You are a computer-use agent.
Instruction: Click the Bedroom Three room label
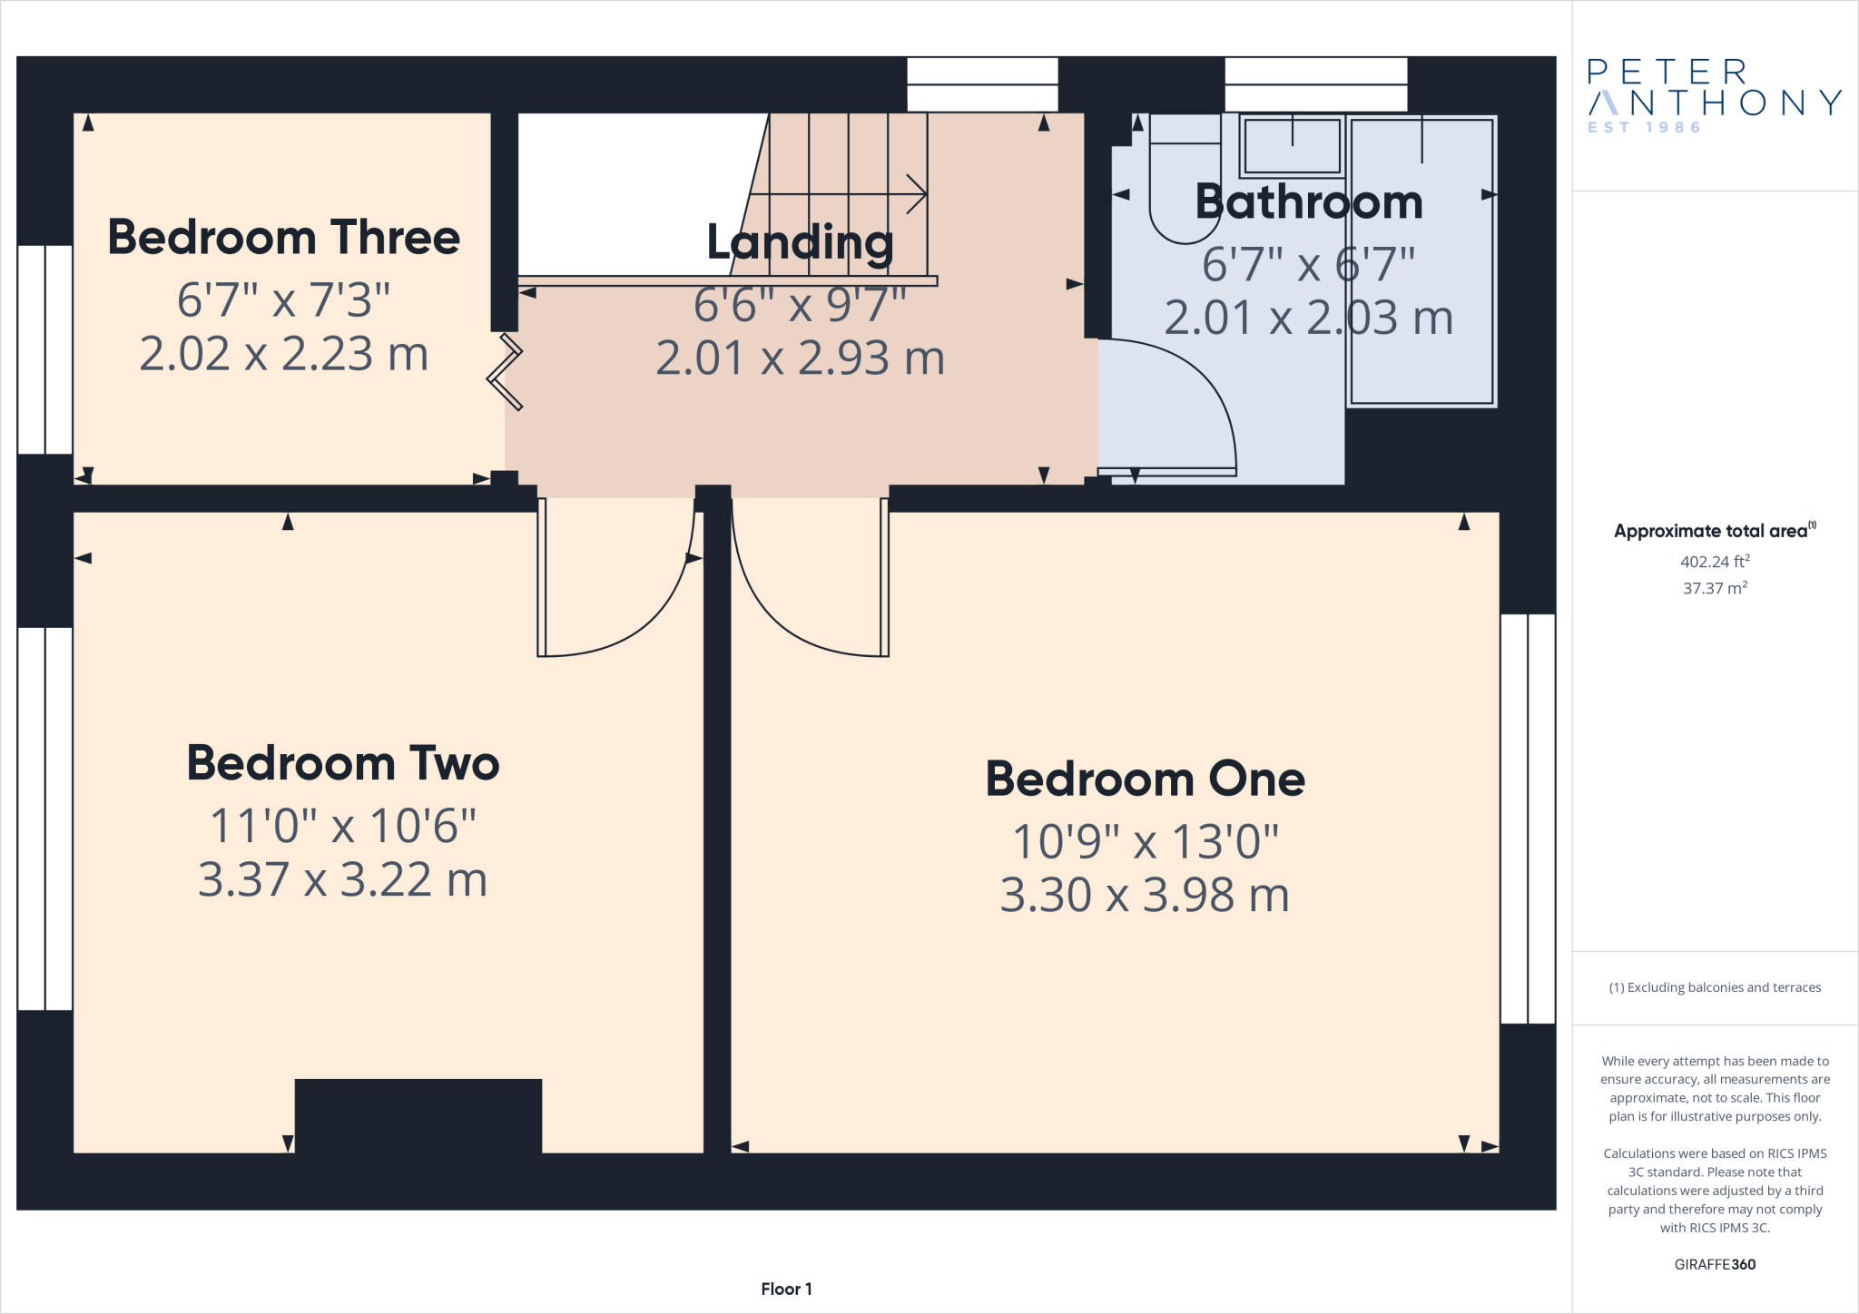click(283, 238)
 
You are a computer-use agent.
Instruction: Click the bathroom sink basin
click(1292, 145)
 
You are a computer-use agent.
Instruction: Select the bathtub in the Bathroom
click(1421, 263)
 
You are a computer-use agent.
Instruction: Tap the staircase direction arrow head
click(917, 194)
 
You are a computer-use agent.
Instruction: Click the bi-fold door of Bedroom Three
click(506, 372)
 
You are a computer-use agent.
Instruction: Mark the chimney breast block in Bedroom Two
click(418, 1115)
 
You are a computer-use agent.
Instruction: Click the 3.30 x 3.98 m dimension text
click(1145, 896)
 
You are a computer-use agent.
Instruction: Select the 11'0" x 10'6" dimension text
click(342, 826)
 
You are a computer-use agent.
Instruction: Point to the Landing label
click(800, 243)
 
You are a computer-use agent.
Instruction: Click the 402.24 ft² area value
click(1715, 562)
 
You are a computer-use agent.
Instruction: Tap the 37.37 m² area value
click(1715, 588)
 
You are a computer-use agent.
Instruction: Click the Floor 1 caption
click(786, 1289)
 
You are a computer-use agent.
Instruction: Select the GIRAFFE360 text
click(1715, 1264)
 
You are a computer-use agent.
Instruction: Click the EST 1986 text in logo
click(1644, 128)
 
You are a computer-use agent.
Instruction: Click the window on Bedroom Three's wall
click(44, 349)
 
